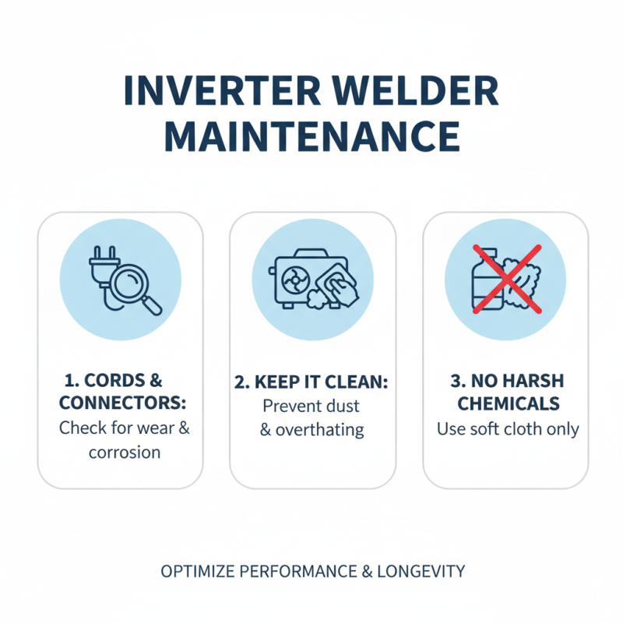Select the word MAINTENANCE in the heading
click(x=311, y=137)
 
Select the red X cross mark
click(x=506, y=279)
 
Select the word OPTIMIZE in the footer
click(x=196, y=572)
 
